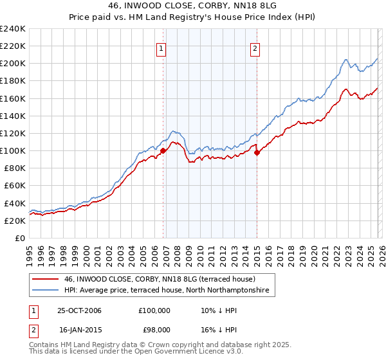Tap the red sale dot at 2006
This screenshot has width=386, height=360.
coord(163,151)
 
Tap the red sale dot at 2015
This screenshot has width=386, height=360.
coord(257,152)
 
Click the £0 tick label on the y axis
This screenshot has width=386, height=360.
coord(19,238)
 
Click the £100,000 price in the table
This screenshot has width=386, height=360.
coord(153,310)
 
